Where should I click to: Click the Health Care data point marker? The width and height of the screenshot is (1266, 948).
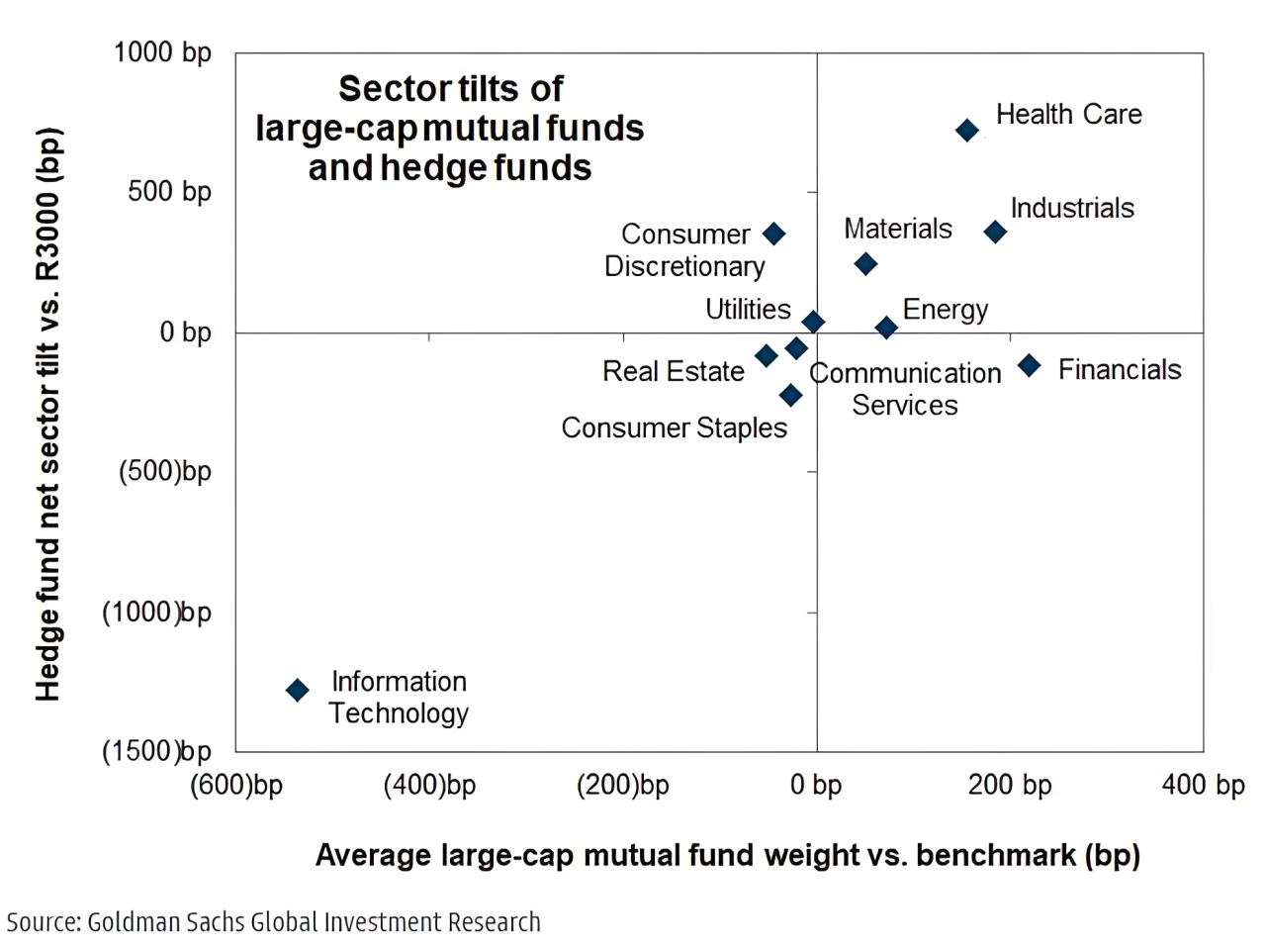point(967,131)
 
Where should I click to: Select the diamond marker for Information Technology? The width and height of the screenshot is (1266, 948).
point(298,690)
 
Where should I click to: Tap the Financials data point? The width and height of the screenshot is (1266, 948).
point(1030,365)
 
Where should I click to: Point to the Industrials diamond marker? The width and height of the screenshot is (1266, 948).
point(996,232)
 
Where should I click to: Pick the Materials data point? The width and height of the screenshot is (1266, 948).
point(865,264)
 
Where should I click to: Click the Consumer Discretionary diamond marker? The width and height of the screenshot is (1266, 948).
point(774,234)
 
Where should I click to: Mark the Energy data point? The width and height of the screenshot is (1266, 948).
point(886,328)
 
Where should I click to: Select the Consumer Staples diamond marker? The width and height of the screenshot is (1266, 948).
point(790,396)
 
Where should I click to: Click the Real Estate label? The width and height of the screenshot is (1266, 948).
point(673,371)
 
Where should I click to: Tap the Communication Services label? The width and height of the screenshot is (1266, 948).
point(905,389)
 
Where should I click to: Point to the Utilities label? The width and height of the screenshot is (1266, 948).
point(748,310)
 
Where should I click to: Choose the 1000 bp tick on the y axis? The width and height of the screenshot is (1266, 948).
point(162,52)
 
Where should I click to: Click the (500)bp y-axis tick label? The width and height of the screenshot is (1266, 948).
point(165,471)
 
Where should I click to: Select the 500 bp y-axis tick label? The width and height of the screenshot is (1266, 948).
point(169,191)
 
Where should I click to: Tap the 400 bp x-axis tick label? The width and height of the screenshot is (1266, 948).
point(1203,785)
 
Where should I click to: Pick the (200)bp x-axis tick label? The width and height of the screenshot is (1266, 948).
point(623,785)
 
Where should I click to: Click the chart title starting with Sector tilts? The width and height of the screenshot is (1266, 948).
point(450,129)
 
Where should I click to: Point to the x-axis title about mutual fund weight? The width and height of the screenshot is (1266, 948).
point(728,855)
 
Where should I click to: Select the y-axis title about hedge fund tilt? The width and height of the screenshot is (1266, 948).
point(48,414)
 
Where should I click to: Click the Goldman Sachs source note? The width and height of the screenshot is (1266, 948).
point(274,922)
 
